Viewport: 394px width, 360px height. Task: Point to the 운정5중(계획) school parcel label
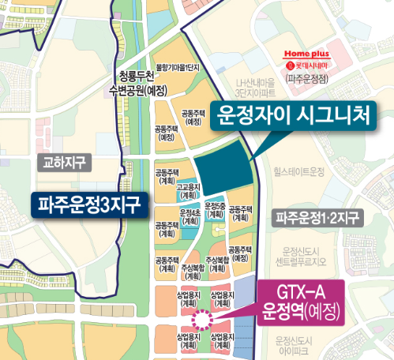(215, 210)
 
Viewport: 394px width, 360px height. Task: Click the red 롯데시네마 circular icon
(290, 66)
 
